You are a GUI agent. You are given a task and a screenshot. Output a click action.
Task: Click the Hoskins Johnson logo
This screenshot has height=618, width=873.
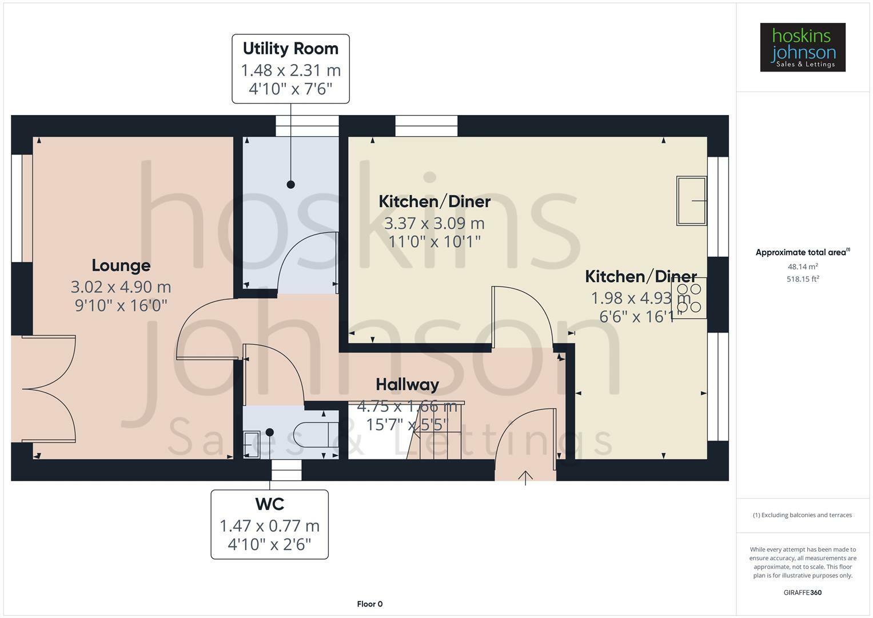point(802,47)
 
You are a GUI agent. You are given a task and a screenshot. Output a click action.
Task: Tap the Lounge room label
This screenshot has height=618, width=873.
point(121,266)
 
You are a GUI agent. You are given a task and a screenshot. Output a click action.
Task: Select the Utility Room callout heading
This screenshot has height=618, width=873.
point(290,49)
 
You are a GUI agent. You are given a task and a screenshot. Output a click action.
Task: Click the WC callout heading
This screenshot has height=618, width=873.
point(269,504)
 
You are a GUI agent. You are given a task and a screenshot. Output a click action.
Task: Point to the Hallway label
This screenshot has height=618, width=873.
point(407,385)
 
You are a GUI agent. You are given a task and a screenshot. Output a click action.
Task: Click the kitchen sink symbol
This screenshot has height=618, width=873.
point(691,200)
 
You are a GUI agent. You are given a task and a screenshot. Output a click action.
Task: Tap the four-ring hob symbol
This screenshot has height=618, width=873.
point(689,298)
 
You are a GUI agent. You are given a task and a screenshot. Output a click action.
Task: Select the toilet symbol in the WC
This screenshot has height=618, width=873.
point(312,434)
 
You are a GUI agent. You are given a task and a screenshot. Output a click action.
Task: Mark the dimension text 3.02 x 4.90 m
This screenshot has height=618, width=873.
point(121,287)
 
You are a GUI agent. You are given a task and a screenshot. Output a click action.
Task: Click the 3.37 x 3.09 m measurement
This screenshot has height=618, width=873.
point(434,223)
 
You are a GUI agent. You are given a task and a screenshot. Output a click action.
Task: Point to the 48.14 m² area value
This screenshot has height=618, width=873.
point(803,267)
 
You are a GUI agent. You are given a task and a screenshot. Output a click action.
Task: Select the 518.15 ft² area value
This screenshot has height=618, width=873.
point(803,279)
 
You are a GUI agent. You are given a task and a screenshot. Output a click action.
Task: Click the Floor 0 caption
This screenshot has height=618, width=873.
point(369,604)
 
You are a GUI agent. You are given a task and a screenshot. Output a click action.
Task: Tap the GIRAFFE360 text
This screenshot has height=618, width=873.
point(802,592)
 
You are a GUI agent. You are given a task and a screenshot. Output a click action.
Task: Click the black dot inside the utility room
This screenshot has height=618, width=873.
point(290,184)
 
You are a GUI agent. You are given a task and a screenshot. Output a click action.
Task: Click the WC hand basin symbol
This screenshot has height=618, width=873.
point(251,444)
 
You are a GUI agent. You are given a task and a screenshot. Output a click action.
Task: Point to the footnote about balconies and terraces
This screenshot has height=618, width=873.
point(802,515)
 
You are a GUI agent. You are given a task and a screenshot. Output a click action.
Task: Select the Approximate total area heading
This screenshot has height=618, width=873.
point(802,252)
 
